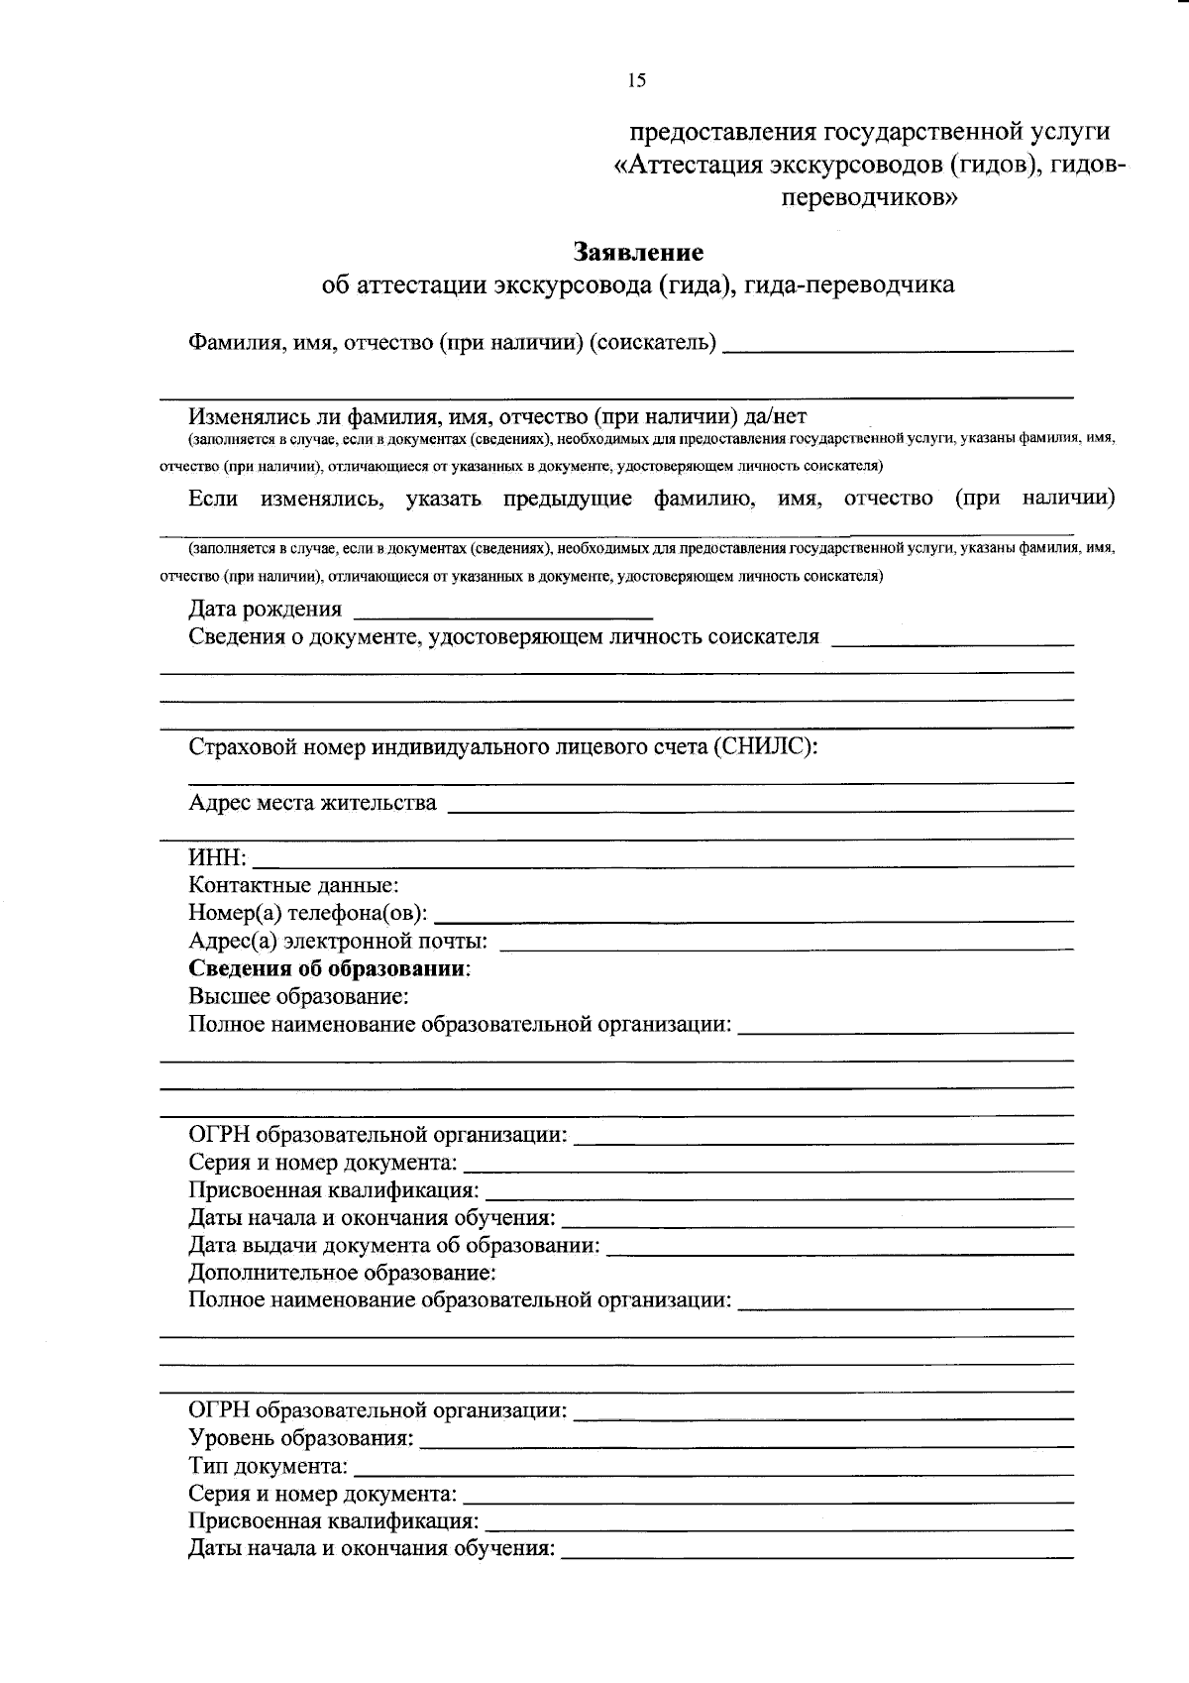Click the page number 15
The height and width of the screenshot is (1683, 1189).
point(636,81)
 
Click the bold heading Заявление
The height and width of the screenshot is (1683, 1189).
point(638,252)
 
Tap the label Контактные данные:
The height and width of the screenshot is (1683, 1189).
point(293,885)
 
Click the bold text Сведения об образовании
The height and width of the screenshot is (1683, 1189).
point(328,968)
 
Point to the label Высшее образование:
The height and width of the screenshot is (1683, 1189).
point(299,996)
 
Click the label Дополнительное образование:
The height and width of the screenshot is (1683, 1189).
point(342,1272)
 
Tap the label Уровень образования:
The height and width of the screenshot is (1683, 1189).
point(301,1437)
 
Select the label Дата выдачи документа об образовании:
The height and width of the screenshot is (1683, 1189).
point(394,1245)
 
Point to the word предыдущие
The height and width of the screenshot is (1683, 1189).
point(567,498)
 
